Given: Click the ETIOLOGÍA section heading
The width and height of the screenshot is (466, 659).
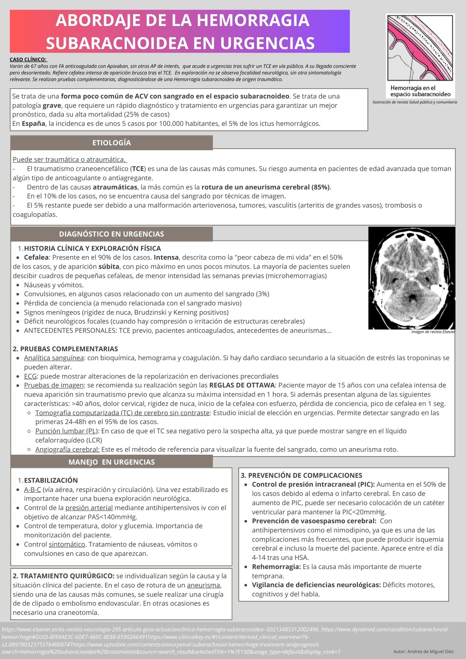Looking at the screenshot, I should pyautogui.click(x=111, y=143).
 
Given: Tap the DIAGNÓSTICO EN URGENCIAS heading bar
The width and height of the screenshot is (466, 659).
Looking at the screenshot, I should pyautogui.click(x=111, y=234).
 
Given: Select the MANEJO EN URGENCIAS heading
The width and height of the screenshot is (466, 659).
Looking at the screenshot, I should pyautogui.click(x=111, y=462).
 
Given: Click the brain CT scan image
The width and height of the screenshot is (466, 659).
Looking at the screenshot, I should pyautogui.click(x=412, y=278).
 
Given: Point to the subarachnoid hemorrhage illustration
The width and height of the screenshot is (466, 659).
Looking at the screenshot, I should pyautogui.click(x=420, y=55).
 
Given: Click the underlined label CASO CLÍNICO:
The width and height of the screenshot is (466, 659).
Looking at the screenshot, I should pyautogui.click(x=28, y=60).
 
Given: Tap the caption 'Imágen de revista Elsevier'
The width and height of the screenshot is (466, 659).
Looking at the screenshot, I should pyautogui.click(x=433, y=332).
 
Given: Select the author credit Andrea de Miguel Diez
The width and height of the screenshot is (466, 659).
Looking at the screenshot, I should pyautogui.click(x=423, y=651).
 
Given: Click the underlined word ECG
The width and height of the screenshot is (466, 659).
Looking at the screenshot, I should pyautogui.click(x=30, y=376).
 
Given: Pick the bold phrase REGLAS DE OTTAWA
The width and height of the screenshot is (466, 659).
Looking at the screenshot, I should pyautogui.click(x=242, y=385).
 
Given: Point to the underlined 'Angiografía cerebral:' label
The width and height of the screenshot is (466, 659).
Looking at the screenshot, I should pyautogui.click(x=67, y=449).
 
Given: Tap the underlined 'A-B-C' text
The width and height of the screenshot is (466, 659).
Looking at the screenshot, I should pyautogui.click(x=32, y=490).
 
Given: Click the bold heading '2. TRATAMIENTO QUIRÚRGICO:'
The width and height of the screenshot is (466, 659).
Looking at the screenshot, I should pyautogui.click(x=64, y=576).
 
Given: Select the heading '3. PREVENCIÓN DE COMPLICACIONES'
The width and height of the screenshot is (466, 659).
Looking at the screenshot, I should pyautogui.click(x=301, y=475).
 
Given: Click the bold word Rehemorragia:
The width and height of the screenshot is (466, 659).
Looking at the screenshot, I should pyautogui.click(x=276, y=567).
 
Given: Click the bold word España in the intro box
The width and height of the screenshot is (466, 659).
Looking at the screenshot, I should pyautogui.click(x=33, y=124).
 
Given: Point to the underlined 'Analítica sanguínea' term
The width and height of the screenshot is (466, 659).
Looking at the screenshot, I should pyautogui.click(x=54, y=358).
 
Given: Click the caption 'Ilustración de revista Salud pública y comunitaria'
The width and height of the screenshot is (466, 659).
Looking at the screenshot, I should pyautogui.click(x=415, y=102).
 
